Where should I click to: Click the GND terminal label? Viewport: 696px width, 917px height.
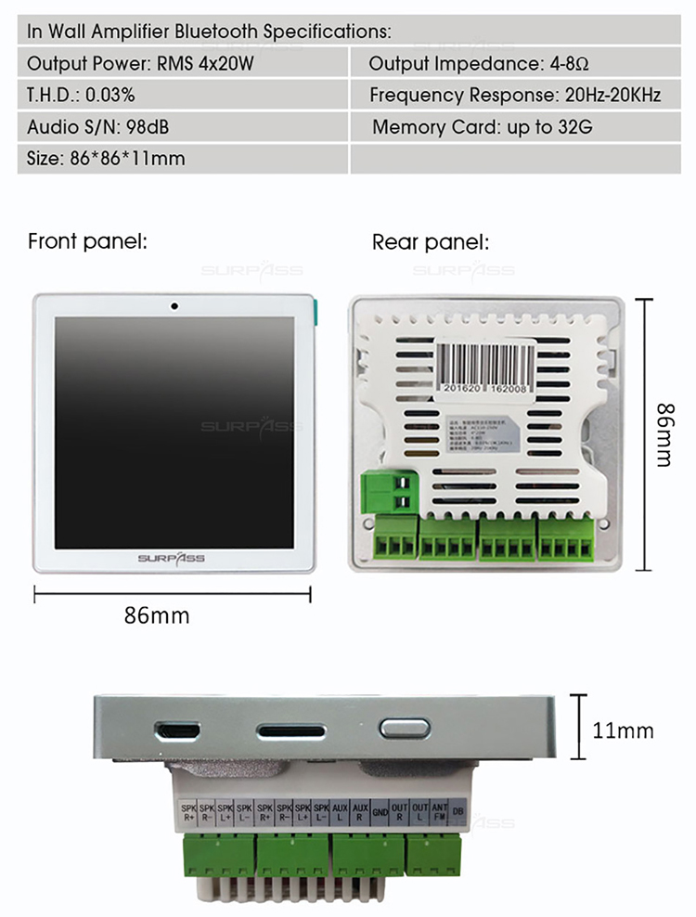click(x=380, y=812)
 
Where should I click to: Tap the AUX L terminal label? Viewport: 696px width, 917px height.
click(x=341, y=812)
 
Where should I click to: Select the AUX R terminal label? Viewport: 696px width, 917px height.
click(x=360, y=812)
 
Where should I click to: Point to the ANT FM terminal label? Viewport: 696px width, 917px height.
click(x=439, y=812)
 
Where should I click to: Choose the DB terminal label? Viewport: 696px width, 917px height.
click(x=458, y=812)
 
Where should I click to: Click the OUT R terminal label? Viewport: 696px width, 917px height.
click(x=400, y=812)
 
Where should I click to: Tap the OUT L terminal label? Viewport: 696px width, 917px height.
click(x=419, y=812)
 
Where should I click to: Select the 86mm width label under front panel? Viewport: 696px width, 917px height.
click(x=156, y=615)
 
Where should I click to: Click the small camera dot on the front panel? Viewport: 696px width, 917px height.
click(x=174, y=305)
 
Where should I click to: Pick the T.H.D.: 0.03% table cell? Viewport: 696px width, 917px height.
click(x=183, y=95)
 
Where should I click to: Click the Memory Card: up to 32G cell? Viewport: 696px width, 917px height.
click(x=482, y=126)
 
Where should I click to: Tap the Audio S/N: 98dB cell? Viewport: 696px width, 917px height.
click(x=183, y=126)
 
